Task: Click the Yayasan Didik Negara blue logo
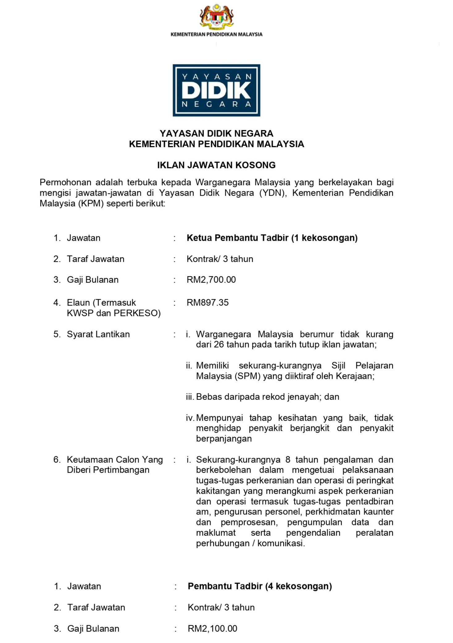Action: pyautogui.click(x=216, y=90)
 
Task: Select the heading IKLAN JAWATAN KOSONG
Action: pyautogui.click(x=216, y=165)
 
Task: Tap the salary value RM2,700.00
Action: pyautogui.click(x=211, y=280)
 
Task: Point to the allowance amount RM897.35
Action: pyautogui.click(x=207, y=302)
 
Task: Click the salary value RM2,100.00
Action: pyautogui.click(x=212, y=628)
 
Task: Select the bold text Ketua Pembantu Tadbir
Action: pyautogui.click(x=238, y=238)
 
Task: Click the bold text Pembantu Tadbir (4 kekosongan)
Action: pyautogui.click(x=260, y=586)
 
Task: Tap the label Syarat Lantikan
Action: pyautogui.click(x=98, y=334)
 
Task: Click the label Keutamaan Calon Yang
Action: pyautogui.click(x=114, y=459)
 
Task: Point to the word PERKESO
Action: pyautogui.click(x=137, y=313)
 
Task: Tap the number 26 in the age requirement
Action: pyautogui.click(x=218, y=345)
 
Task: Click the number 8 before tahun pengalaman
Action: pyautogui.click(x=288, y=459)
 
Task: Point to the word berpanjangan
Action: pyautogui.click(x=224, y=438)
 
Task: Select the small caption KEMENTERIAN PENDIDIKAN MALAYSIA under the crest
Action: pyautogui.click(x=216, y=34)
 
